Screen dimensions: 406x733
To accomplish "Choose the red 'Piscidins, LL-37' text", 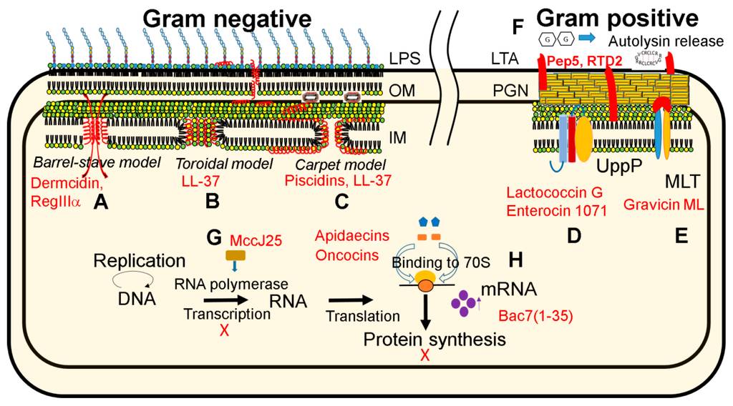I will pyautogui.click(x=337, y=182).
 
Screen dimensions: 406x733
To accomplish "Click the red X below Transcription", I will pyautogui.click(x=224, y=331).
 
